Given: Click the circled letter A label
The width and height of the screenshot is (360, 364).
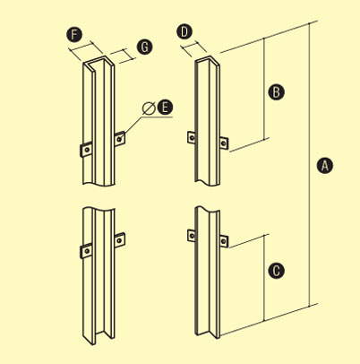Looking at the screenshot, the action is [x=325, y=166].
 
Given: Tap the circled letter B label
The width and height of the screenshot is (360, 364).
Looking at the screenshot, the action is [x=276, y=92].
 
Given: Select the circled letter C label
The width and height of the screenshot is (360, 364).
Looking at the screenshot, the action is [x=276, y=271].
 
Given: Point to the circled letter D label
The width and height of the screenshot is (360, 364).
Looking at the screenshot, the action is [x=184, y=32].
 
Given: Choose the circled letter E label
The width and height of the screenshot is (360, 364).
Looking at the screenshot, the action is [x=165, y=108].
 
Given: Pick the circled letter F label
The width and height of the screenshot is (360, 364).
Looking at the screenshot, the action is [x=74, y=34].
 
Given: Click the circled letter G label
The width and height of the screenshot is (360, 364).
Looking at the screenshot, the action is [x=144, y=48].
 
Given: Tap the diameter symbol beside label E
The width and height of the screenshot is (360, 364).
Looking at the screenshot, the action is [x=149, y=108].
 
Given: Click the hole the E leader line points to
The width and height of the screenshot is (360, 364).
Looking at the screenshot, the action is [x=120, y=139].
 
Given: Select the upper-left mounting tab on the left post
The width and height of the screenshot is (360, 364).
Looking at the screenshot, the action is [x=86, y=150].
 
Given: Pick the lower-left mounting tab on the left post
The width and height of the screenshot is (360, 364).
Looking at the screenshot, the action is [x=86, y=251].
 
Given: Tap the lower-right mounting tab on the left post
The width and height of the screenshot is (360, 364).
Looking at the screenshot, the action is [x=120, y=239].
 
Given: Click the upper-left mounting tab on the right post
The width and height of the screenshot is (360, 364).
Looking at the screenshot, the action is [x=192, y=138].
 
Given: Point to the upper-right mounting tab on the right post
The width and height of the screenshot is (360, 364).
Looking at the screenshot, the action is [x=224, y=143].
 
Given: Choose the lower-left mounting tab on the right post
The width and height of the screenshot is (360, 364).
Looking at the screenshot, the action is [x=192, y=236].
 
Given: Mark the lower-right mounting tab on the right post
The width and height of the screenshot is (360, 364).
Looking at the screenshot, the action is [x=224, y=241].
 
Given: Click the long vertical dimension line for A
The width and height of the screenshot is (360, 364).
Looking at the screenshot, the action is [x=309, y=164].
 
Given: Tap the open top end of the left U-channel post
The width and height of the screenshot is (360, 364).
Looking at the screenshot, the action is [x=99, y=64].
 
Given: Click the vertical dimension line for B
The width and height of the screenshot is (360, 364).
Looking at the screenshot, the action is [x=264, y=88].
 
